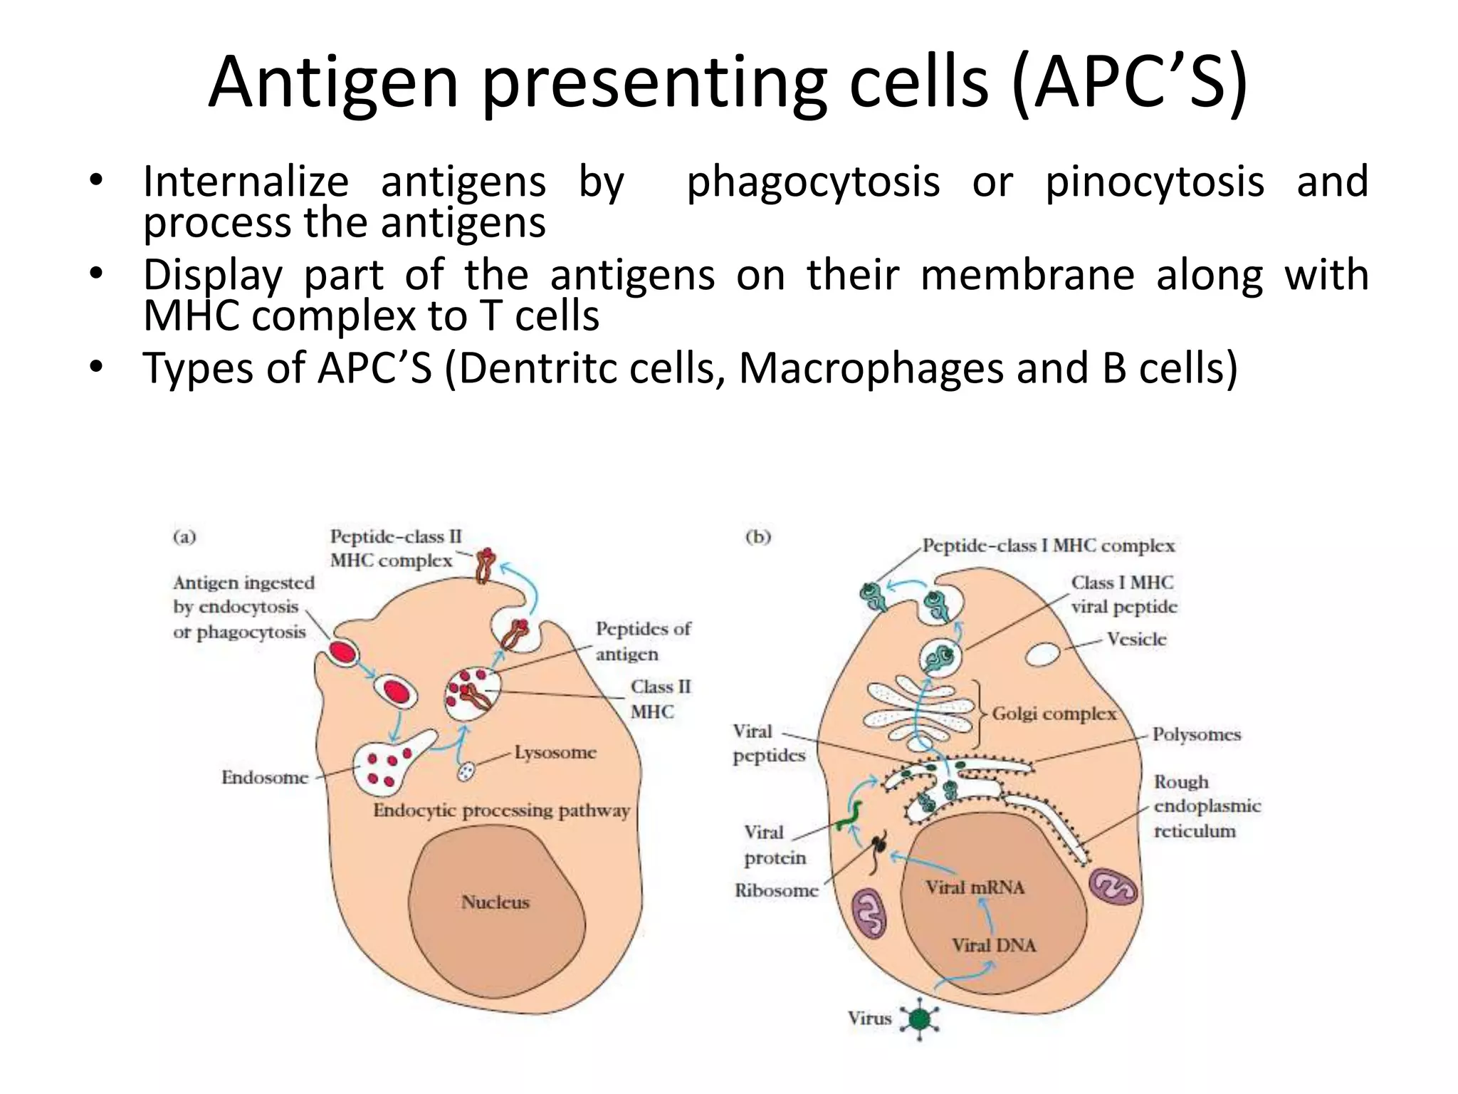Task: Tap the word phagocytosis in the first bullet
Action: [x=813, y=182]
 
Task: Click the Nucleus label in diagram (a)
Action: [x=495, y=902]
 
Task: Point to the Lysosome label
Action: [x=555, y=752]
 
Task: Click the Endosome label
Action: [x=265, y=777]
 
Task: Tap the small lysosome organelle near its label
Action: [x=466, y=771]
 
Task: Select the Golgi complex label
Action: [x=1054, y=714]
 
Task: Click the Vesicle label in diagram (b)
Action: [x=1136, y=639]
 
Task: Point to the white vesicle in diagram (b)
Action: [x=1043, y=654]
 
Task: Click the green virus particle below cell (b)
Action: [x=920, y=1019]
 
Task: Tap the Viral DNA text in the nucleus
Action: [x=994, y=945]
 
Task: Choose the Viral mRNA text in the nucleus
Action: [x=975, y=887]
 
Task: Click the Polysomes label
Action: [x=1196, y=734]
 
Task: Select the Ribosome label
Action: [x=776, y=890]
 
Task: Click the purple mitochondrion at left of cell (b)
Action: [x=869, y=912]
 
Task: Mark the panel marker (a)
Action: [x=184, y=536]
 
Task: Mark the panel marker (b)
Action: [x=757, y=536]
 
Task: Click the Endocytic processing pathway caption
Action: [x=501, y=811]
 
